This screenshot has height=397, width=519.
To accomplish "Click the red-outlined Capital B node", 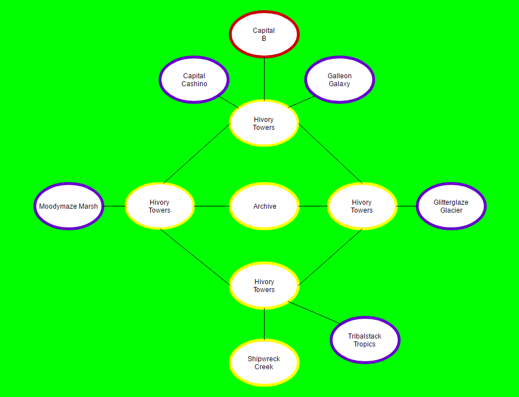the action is coord(264,34).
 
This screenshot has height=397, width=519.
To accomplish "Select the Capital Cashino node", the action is coord(194,79).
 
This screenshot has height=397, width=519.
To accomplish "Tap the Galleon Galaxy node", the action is coord(339,79).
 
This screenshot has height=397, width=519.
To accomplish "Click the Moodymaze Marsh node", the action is coord(69,206).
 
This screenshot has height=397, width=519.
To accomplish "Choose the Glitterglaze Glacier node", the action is coord(451,206).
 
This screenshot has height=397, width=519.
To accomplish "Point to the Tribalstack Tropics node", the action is coord(365,340).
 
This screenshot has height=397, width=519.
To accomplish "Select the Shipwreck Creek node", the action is coord(264,363).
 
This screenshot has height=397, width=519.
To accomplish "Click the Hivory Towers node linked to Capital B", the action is coord(264,123).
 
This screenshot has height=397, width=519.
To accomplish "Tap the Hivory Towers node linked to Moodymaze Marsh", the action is coord(160,206).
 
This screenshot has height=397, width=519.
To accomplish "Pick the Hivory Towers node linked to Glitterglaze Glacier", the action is coord(362,206).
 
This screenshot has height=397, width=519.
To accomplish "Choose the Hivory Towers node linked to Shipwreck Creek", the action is coord(264,286).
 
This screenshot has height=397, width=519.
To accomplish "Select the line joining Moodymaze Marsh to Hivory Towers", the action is coord(114,206).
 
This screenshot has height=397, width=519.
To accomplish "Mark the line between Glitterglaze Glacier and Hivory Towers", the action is coord(406,206).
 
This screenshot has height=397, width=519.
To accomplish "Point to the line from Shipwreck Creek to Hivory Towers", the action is coord(264,324).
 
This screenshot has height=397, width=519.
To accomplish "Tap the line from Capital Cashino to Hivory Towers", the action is coord(229,102).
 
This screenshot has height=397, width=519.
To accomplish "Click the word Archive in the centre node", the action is coord(265,206).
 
